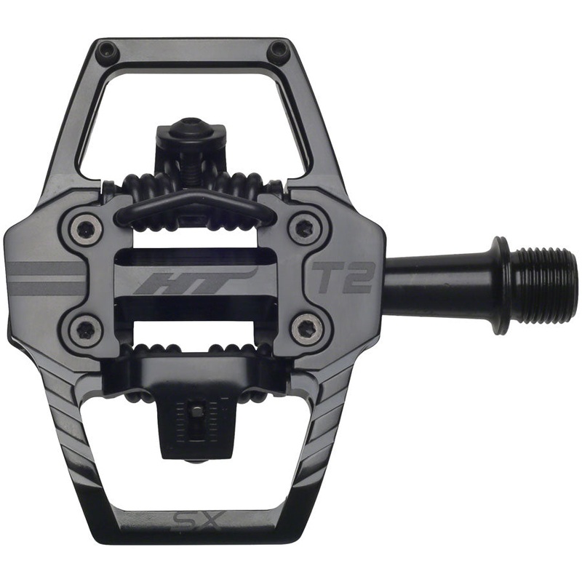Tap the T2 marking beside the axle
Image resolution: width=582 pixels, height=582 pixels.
(x=343, y=277)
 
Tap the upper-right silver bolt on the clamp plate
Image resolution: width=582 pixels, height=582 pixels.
(x=303, y=228)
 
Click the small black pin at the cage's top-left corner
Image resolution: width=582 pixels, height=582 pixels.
(x=107, y=51)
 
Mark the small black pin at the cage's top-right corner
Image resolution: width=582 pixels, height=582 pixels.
(x=278, y=51)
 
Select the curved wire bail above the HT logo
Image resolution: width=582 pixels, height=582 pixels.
(x=193, y=202)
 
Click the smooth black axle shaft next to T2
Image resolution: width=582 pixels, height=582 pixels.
(x=436, y=280)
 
